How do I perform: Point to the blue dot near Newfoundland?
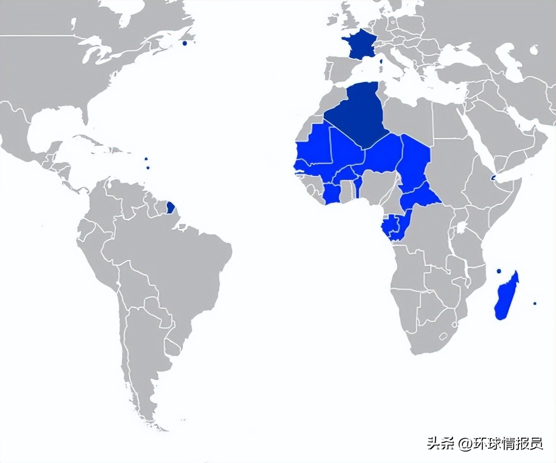pos(185,43)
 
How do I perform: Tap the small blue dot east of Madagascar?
pos(535,303)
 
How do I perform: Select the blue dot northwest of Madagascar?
pos(498,271)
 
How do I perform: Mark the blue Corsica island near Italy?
pos(380,61)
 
